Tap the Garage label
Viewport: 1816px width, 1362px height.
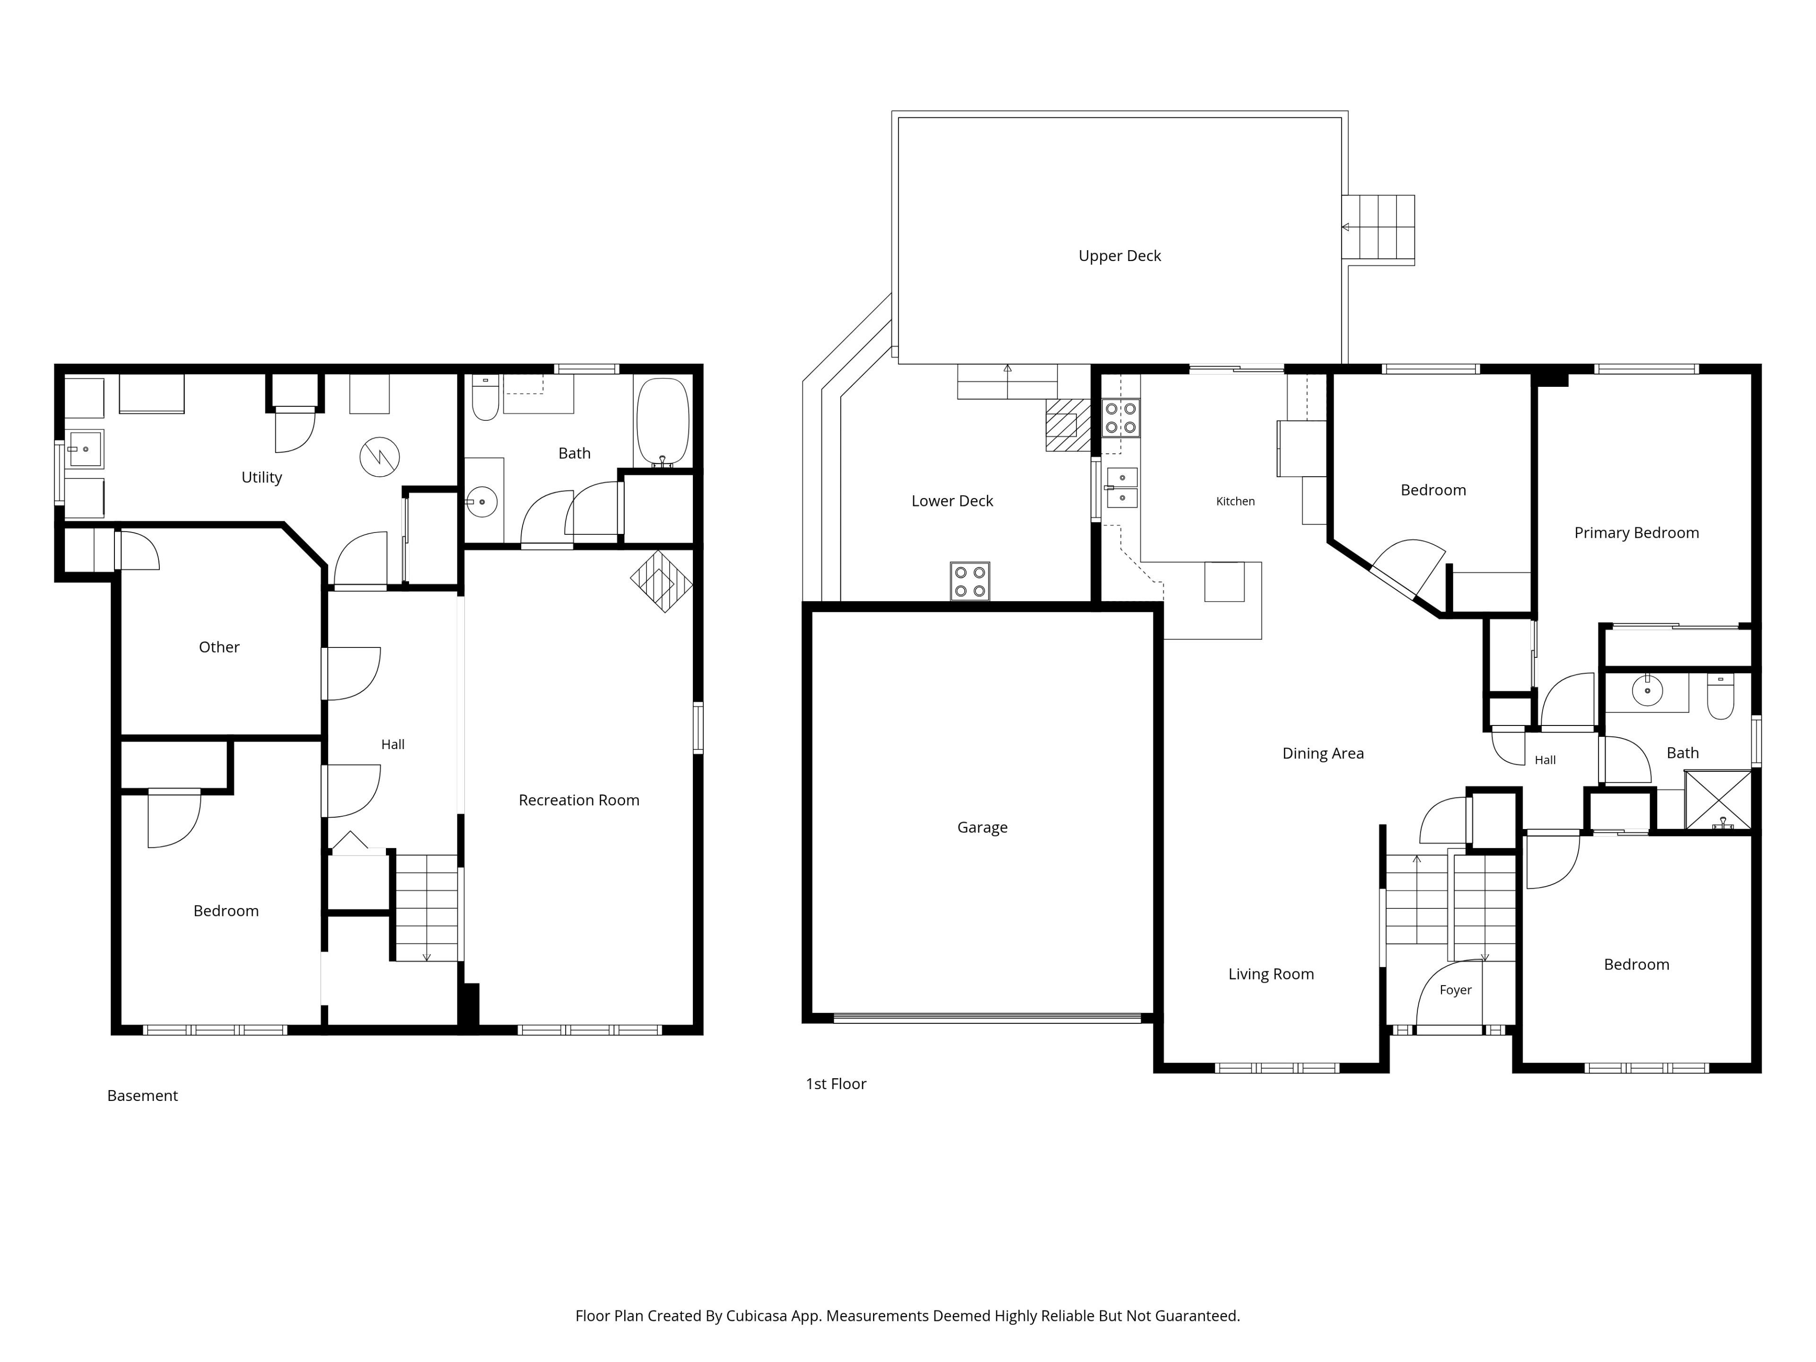[982, 828]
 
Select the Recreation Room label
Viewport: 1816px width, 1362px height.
[579, 801]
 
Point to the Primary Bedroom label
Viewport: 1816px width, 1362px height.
[1636, 533]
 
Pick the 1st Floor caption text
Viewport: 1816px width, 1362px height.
[836, 1084]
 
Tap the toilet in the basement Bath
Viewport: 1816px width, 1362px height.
[485, 397]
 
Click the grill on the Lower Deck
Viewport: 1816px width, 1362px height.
[969, 581]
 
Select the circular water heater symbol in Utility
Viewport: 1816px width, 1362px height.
[379, 456]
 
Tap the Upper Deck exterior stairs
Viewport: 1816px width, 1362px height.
[1379, 230]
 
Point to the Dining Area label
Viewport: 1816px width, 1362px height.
[1323, 754]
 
